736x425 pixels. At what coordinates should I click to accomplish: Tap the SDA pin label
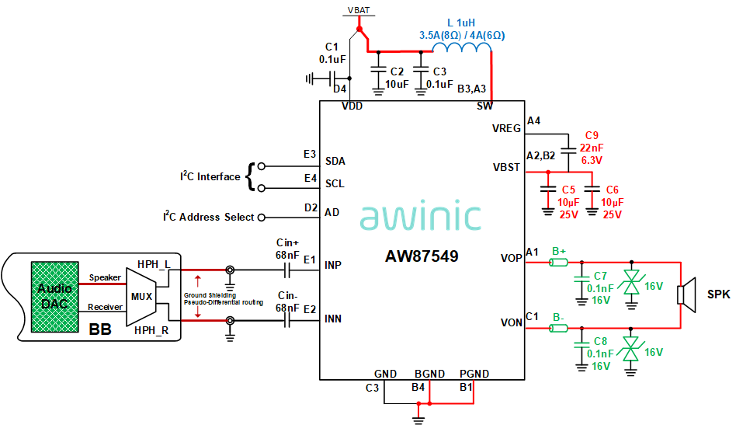coord(335,161)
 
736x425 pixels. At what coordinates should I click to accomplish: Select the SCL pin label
coord(335,184)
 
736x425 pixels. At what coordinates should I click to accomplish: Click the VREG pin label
coord(506,129)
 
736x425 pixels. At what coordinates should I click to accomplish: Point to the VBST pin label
coord(506,167)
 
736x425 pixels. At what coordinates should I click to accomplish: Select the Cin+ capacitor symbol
coord(287,270)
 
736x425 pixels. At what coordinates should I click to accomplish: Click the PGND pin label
coord(474,374)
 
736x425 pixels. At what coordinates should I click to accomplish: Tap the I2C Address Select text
coord(209,218)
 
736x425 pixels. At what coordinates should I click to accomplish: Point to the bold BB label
coord(100,329)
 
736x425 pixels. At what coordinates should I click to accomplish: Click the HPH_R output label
coord(151,331)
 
